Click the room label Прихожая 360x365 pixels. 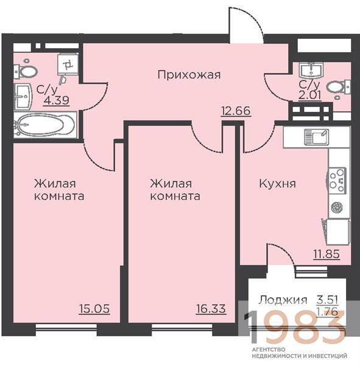point(189,75)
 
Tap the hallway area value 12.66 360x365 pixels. point(236,111)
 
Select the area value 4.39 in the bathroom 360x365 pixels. point(57,100)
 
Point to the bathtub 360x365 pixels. point(45,125)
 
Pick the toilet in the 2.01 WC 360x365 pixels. point(338,88)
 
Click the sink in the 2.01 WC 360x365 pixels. point(311,69)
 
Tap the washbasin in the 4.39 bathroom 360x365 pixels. point(23,97)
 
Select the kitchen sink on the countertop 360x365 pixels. point(317,137)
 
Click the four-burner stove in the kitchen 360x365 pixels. point(337,180)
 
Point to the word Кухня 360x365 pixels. point(277,184)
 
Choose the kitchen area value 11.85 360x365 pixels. point(326,254)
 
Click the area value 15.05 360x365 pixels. point(94,309)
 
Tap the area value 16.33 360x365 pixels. point(211,309)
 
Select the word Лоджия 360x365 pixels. point(283,300)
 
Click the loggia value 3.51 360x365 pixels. point(327,300)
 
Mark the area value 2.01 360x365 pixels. point(310,95)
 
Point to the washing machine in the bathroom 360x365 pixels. point(68,64)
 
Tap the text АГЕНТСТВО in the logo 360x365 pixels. point(269,349)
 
